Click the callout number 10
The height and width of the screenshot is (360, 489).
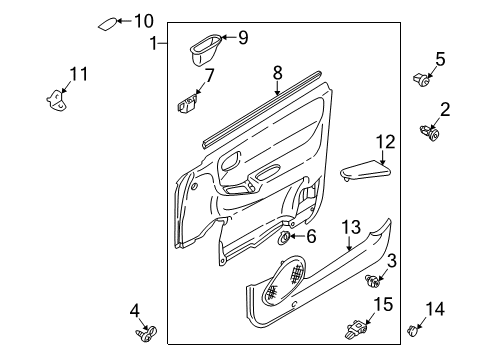tap(144, 21)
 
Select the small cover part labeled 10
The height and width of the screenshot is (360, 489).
tap(108, 24)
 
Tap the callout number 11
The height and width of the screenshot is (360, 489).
tap(79, 74)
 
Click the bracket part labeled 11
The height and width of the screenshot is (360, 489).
tap(56, 101)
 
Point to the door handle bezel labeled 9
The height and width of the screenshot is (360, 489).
tap(205, 49)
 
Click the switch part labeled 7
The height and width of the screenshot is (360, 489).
tap(186, 103)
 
